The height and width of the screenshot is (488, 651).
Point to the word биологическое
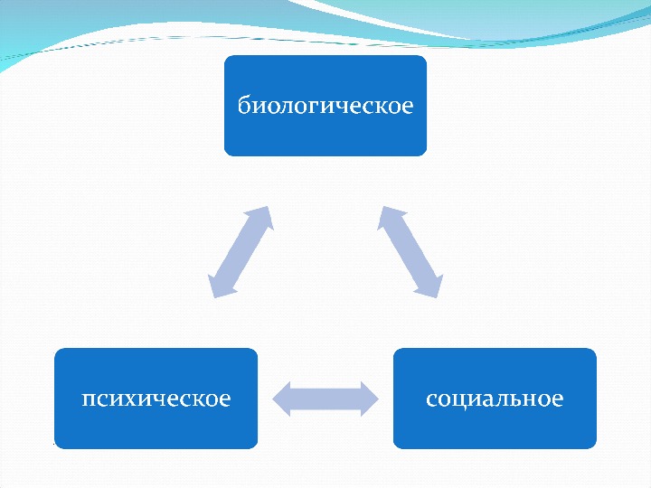pos(325,106)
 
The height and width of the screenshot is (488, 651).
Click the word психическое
pos(156,399)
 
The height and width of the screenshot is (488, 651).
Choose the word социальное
pos(495,399)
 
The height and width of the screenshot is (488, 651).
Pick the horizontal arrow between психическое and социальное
pos(325,399)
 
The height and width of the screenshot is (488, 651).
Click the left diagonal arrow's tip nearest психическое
pos(215,291)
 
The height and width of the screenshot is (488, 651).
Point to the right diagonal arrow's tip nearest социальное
pos(436,291)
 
